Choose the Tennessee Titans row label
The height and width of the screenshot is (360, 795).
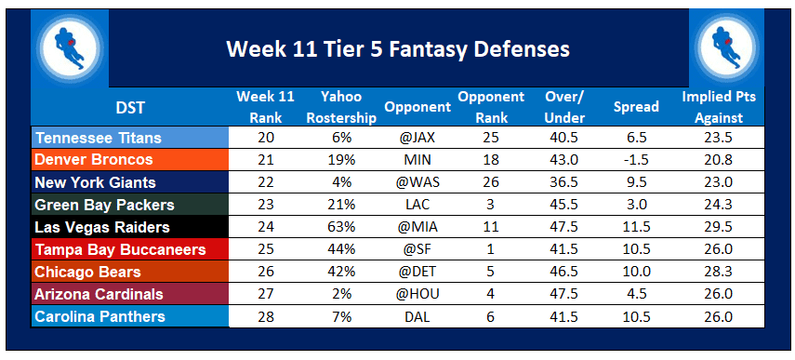click(99, 138)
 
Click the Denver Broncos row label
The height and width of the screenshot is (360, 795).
click(92, 160)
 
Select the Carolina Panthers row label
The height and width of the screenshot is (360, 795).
click(100, 316)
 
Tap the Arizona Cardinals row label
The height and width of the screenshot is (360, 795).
click(99, 294)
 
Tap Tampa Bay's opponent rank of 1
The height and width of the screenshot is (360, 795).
click(490, 249)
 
